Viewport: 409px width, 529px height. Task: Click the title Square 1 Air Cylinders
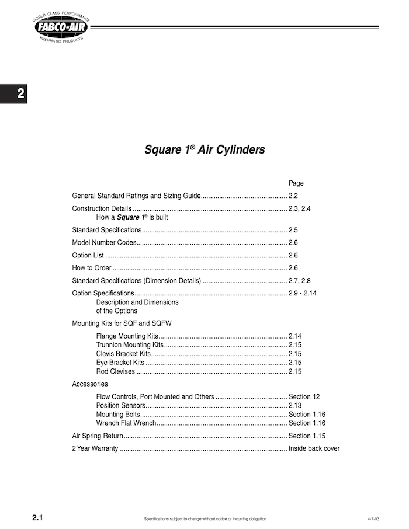tap(204, 149)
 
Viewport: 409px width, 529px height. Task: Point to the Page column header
tap(296, 183)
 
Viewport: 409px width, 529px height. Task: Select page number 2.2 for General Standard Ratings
tap(293, 196)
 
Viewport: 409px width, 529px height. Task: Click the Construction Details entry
tap(101, 208)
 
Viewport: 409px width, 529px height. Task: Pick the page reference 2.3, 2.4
tap(300, 208)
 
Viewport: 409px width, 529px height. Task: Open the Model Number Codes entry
tap(104, 242)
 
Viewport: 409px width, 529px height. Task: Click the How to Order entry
tap(91, 268)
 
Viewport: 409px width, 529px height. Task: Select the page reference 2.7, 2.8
tap(300, 281)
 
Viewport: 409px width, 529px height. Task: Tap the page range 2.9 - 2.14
tap(303, 293)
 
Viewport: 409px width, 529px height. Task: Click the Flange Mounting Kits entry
tap(127, 336)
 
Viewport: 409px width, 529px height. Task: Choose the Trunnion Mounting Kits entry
tap(130, 345)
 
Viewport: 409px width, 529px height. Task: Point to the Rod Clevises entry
tap(115, 371)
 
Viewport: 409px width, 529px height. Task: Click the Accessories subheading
tap(90, 384)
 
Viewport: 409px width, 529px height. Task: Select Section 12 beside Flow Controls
tap(304, 397)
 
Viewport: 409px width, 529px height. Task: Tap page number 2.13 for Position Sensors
tap(295, 405)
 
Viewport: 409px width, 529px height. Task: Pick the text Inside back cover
tap(314, 449)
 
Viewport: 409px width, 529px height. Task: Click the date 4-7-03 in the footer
tap(373, 519)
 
